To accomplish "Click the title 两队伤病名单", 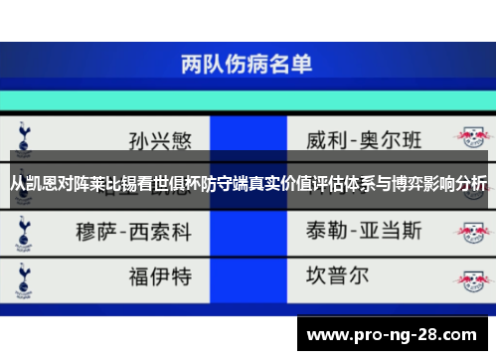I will coord(247,66).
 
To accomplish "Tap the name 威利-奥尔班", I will coord(364,136).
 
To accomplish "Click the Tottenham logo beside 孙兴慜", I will coord(23,135).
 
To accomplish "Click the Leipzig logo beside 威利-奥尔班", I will coord(469,135).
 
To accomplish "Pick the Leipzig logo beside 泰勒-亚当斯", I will coord(469,231).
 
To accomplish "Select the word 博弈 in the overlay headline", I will coord(403,184).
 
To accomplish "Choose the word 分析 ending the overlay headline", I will coord(469,184).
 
